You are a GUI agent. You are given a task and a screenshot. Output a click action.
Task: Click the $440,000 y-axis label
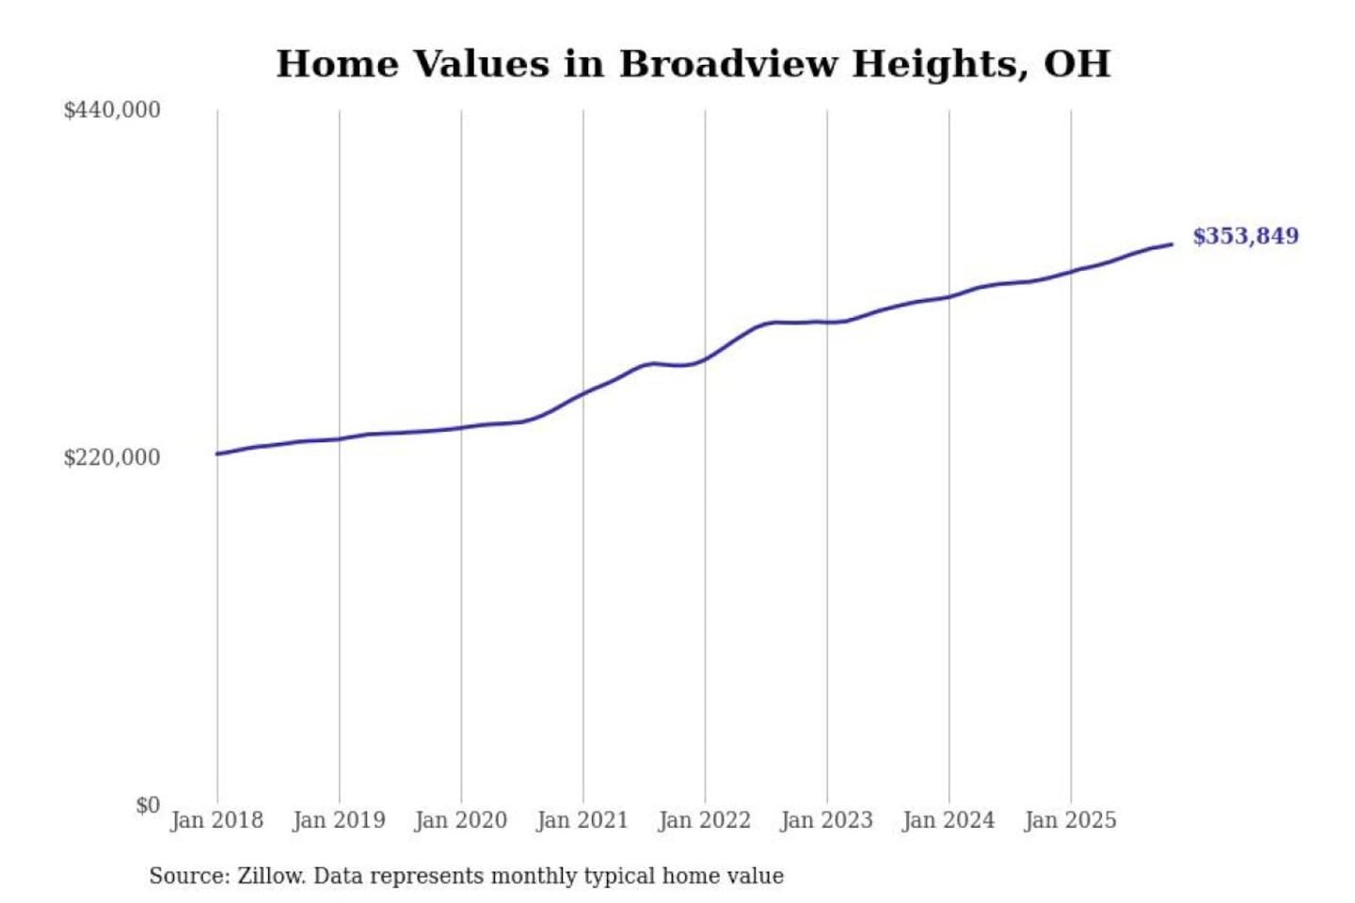point(112,110)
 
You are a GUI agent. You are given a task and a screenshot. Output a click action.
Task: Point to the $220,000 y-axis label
point(112,457)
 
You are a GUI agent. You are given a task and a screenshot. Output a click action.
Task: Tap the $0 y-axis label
point(148,805)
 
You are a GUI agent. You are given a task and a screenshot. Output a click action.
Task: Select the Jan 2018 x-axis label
point(217,820)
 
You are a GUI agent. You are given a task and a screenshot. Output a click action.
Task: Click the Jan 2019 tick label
point(339,820)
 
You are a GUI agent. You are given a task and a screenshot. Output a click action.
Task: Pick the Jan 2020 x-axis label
point(461,820)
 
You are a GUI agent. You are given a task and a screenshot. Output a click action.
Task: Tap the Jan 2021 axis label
point(582,820)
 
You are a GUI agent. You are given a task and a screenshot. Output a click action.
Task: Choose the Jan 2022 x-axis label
point(705,820)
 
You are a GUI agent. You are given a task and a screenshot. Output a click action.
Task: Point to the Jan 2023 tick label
point(827,820)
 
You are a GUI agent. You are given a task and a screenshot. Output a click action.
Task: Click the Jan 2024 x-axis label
point(948,820)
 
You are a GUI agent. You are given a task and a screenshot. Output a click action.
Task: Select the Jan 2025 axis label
point(1071,820)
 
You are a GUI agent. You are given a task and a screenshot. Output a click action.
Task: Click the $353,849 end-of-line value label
point(1246,236)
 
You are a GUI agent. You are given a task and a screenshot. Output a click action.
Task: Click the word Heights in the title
point(940,64)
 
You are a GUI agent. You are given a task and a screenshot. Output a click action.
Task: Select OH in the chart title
point(1077,64)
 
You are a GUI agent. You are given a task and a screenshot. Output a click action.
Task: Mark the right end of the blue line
point(1172,245)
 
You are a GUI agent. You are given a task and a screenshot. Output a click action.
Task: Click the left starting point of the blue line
point(217,454)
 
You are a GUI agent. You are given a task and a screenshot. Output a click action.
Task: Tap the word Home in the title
point(337,64)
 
